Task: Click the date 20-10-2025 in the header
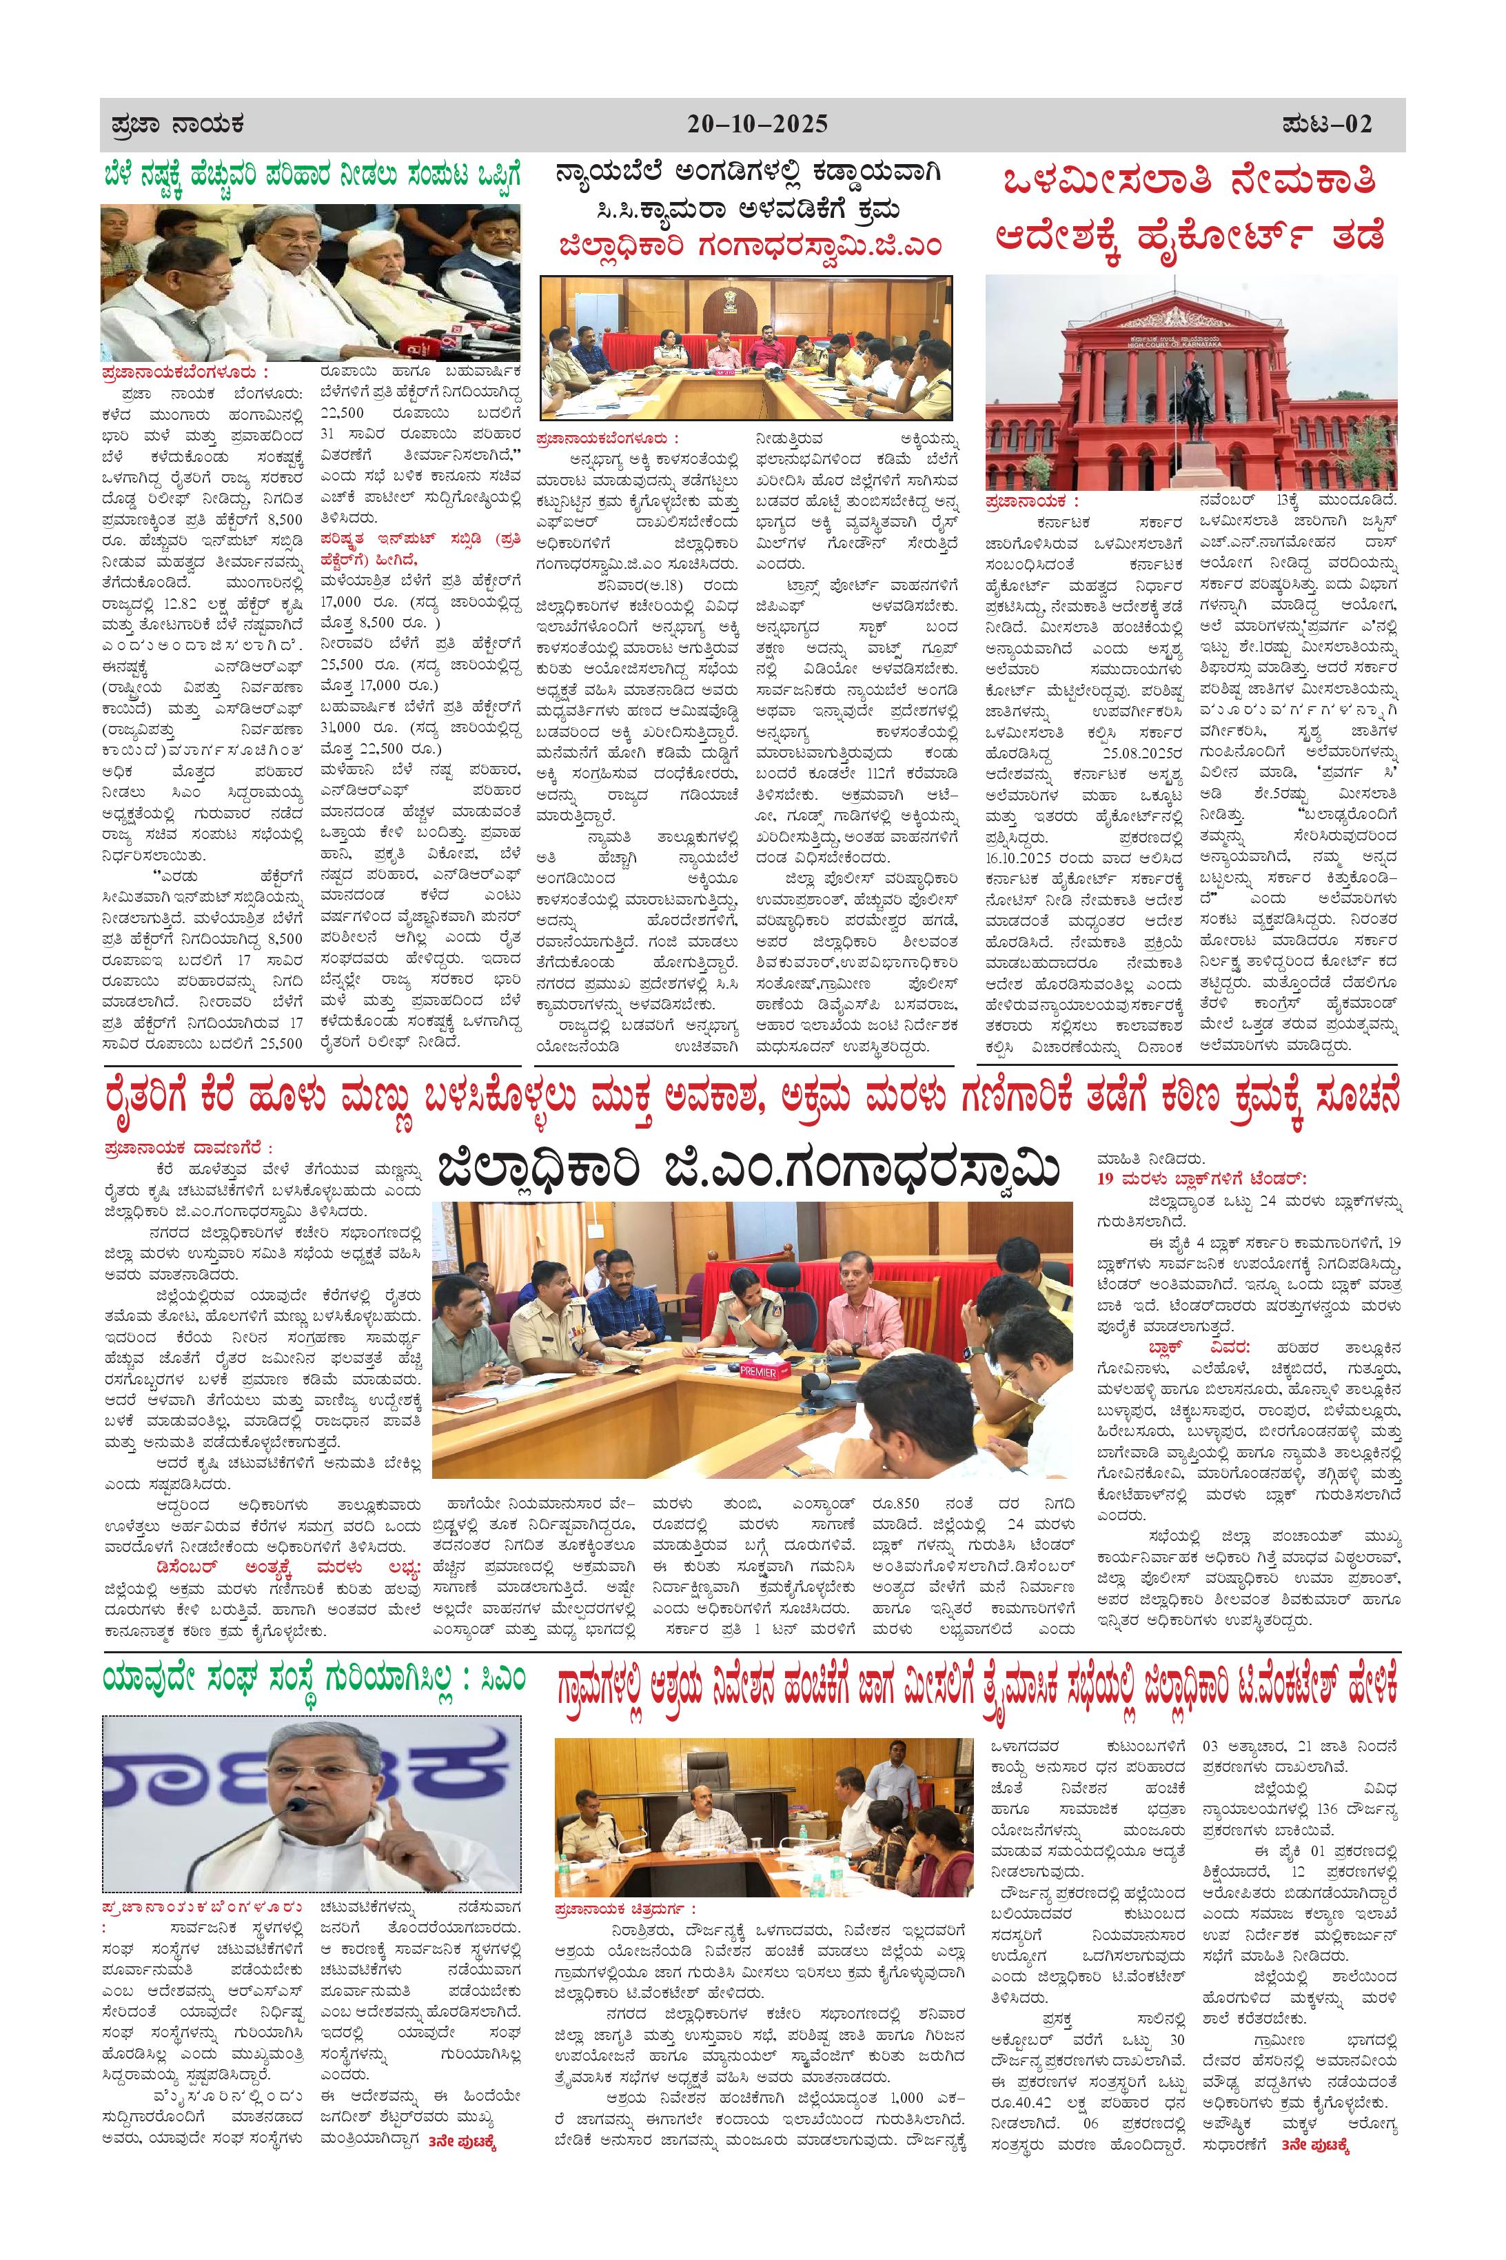pos(757,125)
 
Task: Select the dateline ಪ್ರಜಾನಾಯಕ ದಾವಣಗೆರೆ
pos(188,1148)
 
